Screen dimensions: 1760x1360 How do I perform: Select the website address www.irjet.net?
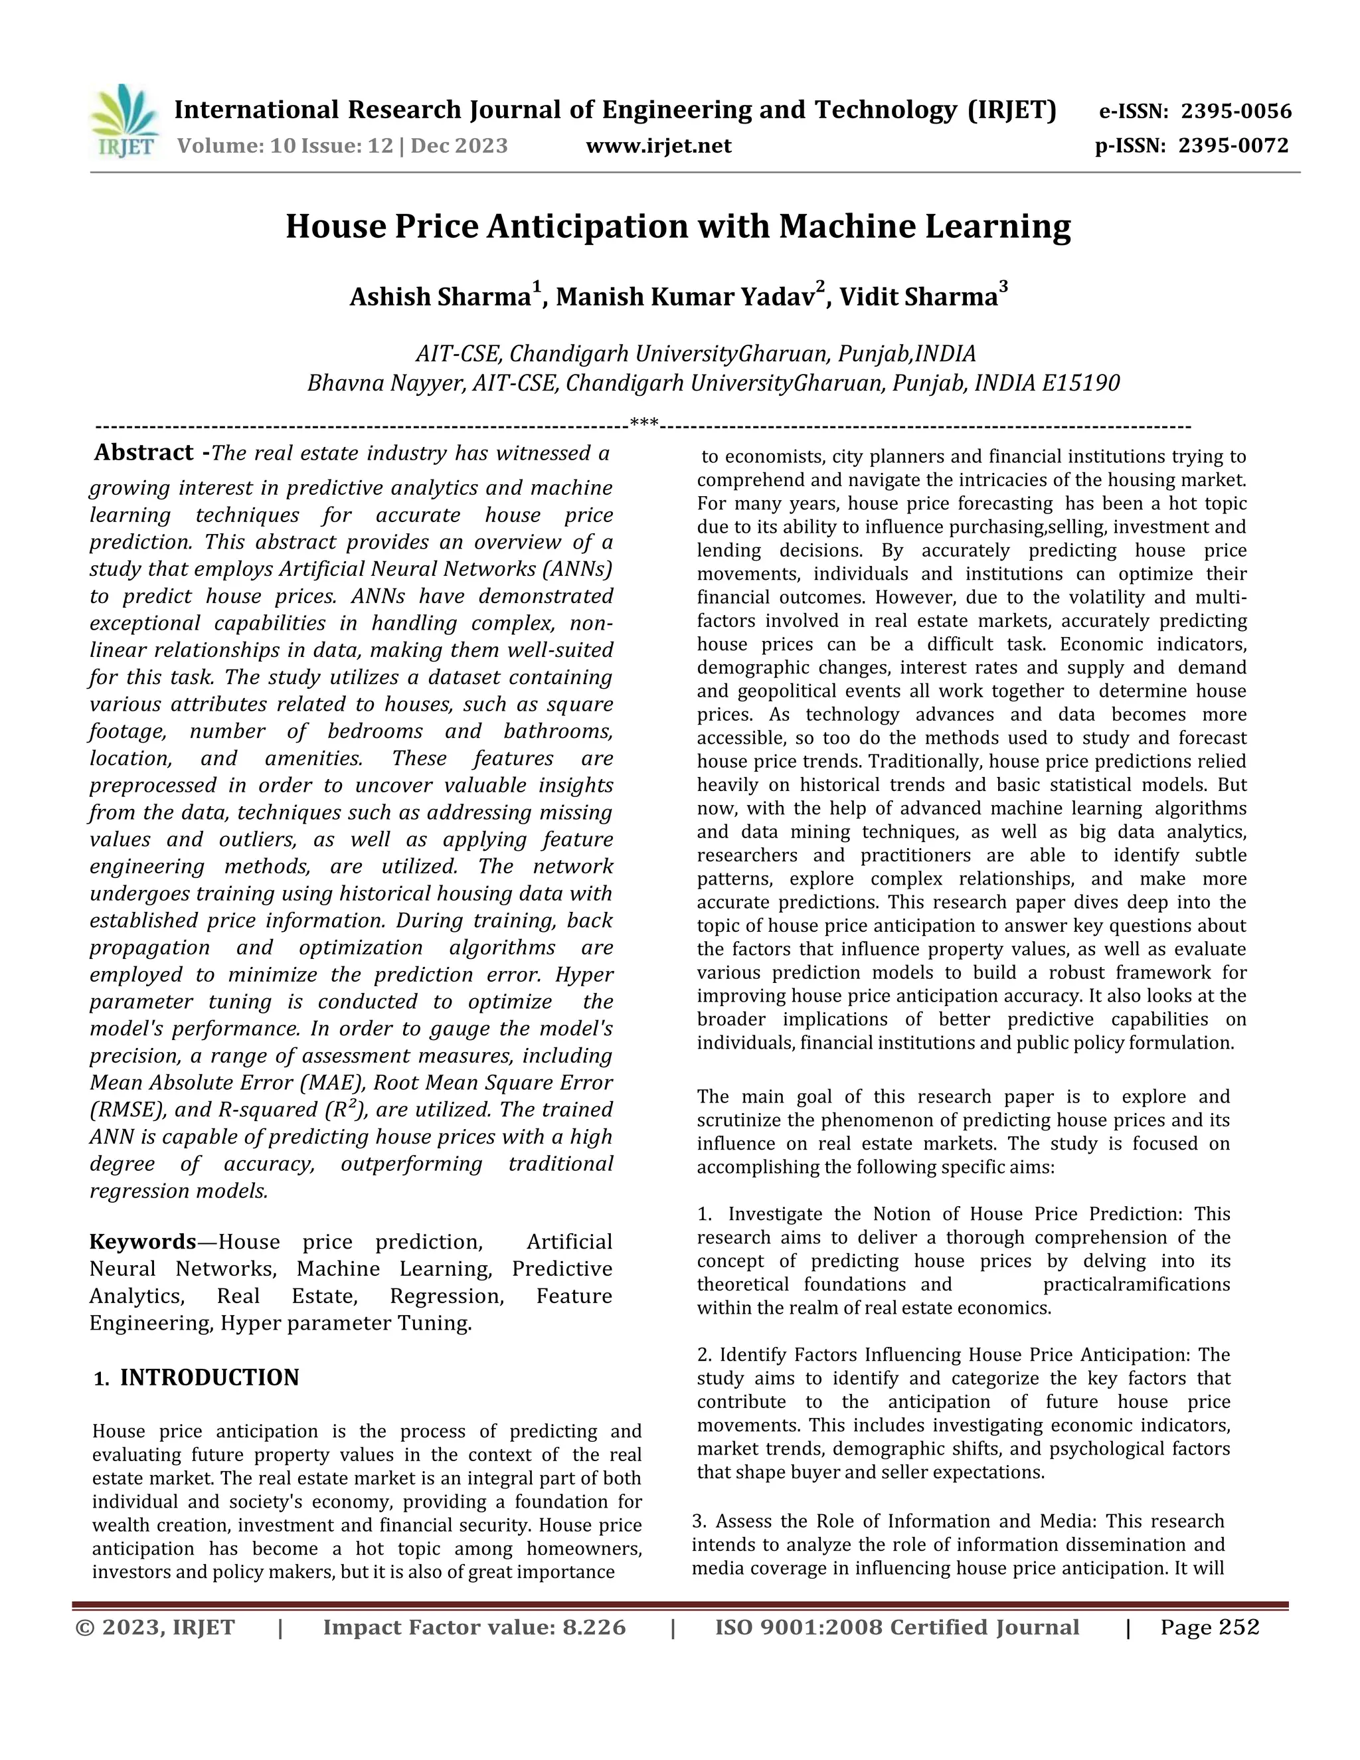coord(658,146)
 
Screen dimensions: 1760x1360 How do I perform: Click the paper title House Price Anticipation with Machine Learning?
coord(679,226)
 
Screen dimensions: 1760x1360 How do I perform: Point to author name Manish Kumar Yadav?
coord(685,298)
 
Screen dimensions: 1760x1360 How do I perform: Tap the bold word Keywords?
coord(143,1242)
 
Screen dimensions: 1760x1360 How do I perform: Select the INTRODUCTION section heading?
coord(209,1378)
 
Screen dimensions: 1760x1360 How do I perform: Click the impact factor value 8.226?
coord(594,1628)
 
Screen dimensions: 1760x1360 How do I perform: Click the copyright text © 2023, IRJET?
coord(155,1628)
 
